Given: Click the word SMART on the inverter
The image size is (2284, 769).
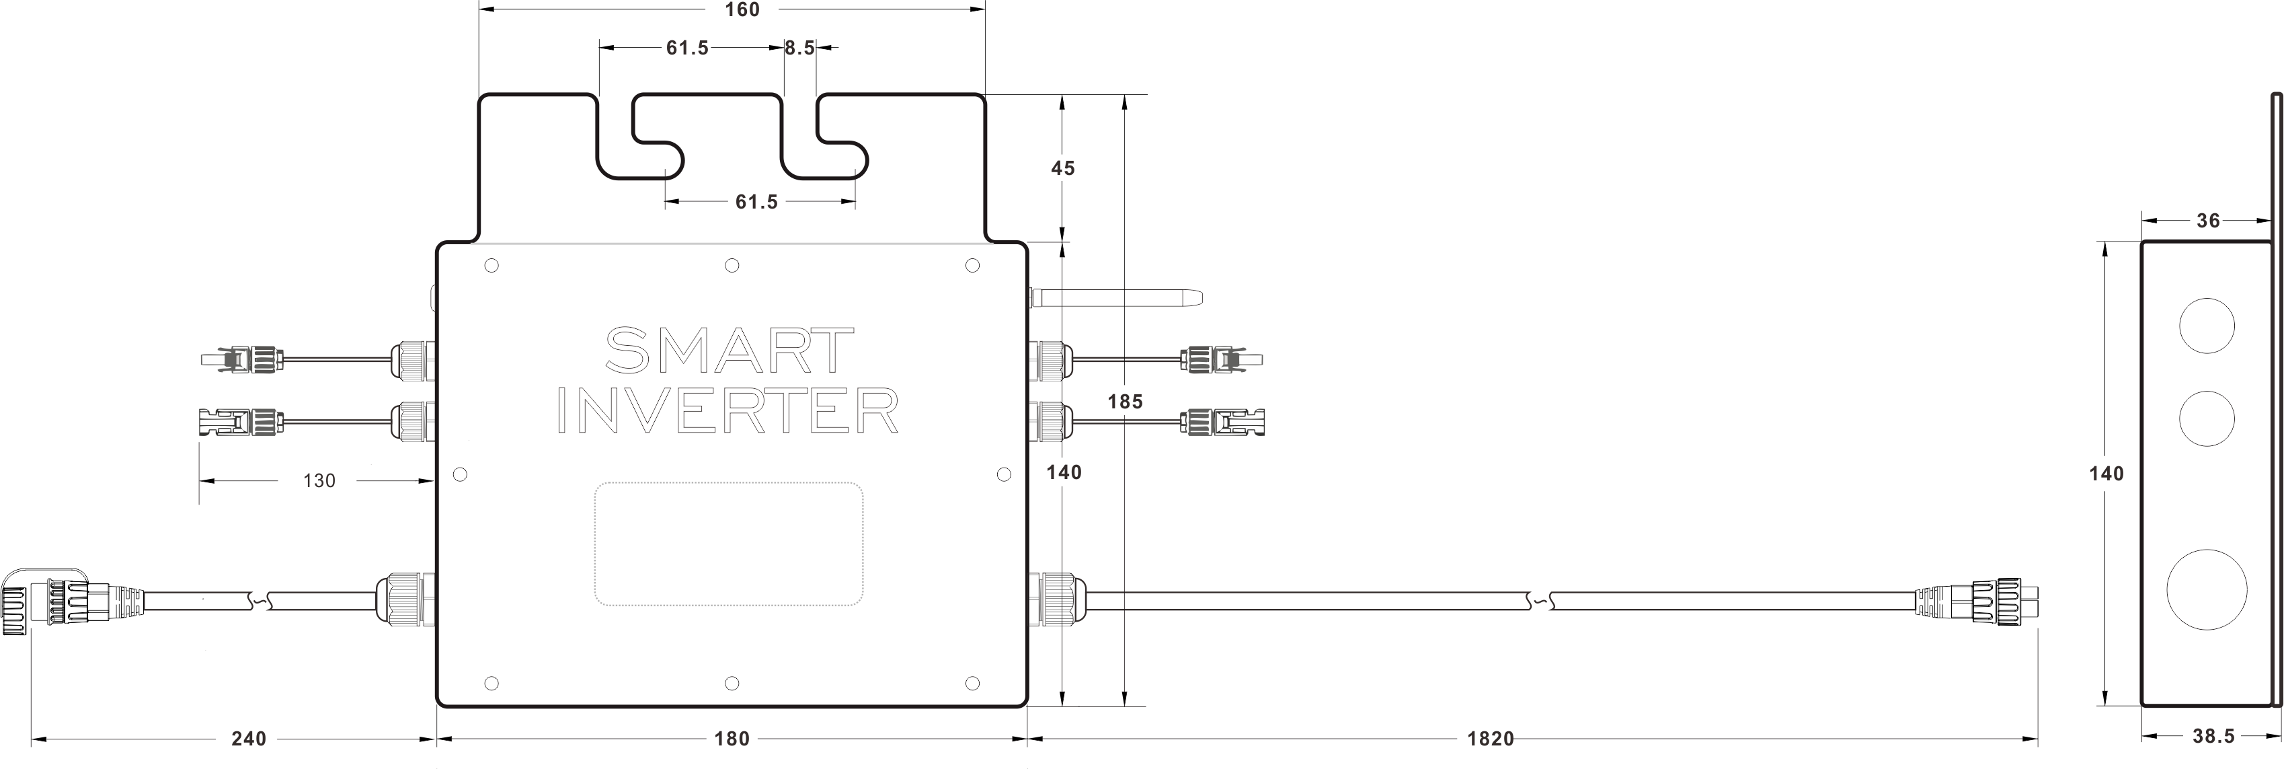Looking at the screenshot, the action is point(729,351).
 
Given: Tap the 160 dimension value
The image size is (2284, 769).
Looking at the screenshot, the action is point(742,10).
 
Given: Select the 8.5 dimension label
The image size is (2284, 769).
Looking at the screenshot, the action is point(799,48).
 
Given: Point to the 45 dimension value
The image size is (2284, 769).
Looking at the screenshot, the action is point(1062,168).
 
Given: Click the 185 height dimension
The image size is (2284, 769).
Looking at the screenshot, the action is point(1124,402).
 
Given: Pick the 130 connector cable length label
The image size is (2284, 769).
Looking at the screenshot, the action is point(319,481).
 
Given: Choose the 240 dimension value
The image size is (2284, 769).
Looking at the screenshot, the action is point(248,738).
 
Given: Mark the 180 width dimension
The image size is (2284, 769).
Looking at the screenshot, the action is point(732,738).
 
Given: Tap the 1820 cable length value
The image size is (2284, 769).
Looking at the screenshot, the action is point(1489,738).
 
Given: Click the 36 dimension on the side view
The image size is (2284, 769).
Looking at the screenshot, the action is point(2208,221).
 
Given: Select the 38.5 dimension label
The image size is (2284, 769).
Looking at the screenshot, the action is point(2213,736).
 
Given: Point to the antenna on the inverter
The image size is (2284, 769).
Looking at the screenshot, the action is point(1115,298).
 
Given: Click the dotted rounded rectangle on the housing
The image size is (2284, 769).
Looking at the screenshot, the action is point(729,544).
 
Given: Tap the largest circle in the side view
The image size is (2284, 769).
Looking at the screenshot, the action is point(2207,590).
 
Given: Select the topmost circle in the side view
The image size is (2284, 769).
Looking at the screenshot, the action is point(2207,326).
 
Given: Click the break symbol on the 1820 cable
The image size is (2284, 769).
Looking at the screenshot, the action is point(1541,601).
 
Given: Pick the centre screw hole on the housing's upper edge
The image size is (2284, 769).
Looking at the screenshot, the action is point(732,265).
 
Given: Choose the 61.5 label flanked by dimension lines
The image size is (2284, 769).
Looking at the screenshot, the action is point(756,203).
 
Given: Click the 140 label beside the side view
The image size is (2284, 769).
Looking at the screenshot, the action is point(2106,474).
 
